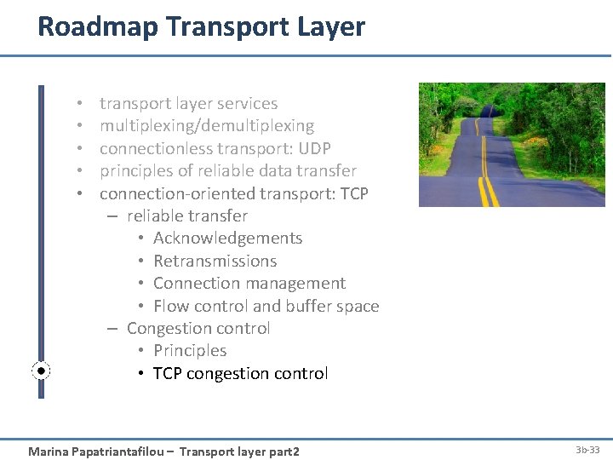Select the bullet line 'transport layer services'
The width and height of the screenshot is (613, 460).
[188, 104]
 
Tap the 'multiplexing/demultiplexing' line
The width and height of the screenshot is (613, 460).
[206, 126]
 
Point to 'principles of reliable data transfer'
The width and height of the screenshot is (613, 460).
[227, 170]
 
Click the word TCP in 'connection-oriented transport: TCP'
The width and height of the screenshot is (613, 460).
[353, 193]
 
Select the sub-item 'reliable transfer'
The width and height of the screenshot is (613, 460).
[186, 216]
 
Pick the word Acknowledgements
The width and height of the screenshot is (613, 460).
[227, 239]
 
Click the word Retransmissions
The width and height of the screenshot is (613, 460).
[215, 261]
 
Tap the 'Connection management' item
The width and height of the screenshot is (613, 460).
[249, 283]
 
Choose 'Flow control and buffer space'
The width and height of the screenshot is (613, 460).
[266, 306]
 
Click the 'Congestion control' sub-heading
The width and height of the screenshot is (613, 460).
[198, 328]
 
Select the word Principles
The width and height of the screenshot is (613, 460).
[190, 350]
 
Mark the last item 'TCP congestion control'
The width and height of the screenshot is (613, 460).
[240, 373]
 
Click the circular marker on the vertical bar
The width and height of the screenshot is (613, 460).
[42, 371]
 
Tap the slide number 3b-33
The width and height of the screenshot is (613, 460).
[587, 449]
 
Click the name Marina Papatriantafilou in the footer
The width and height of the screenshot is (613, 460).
[96, 451]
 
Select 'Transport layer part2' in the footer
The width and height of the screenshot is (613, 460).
[239, 451]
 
